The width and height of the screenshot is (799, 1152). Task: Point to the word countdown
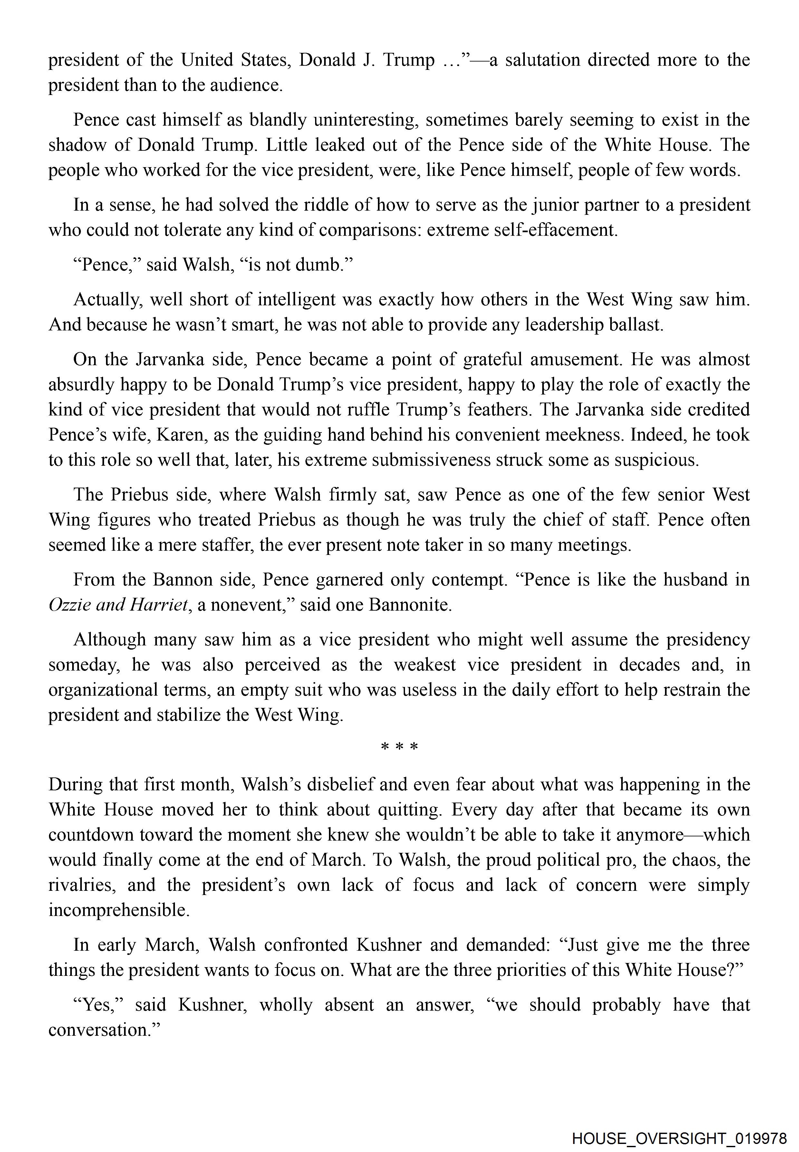click(x=91, y=835)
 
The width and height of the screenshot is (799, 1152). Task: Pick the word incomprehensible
click(x=119, y=910)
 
